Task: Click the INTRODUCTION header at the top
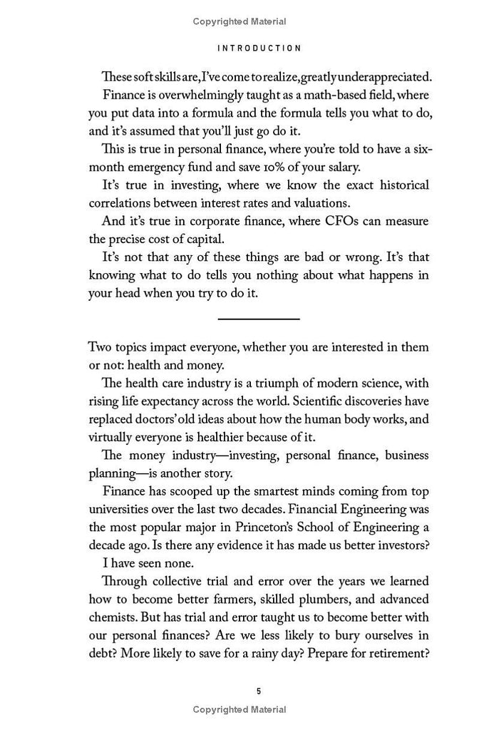(x=259, y=48)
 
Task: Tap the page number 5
(x=259, y=692)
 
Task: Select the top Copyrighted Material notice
(x=239, y=22)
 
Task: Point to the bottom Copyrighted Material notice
(x=239, y=709)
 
